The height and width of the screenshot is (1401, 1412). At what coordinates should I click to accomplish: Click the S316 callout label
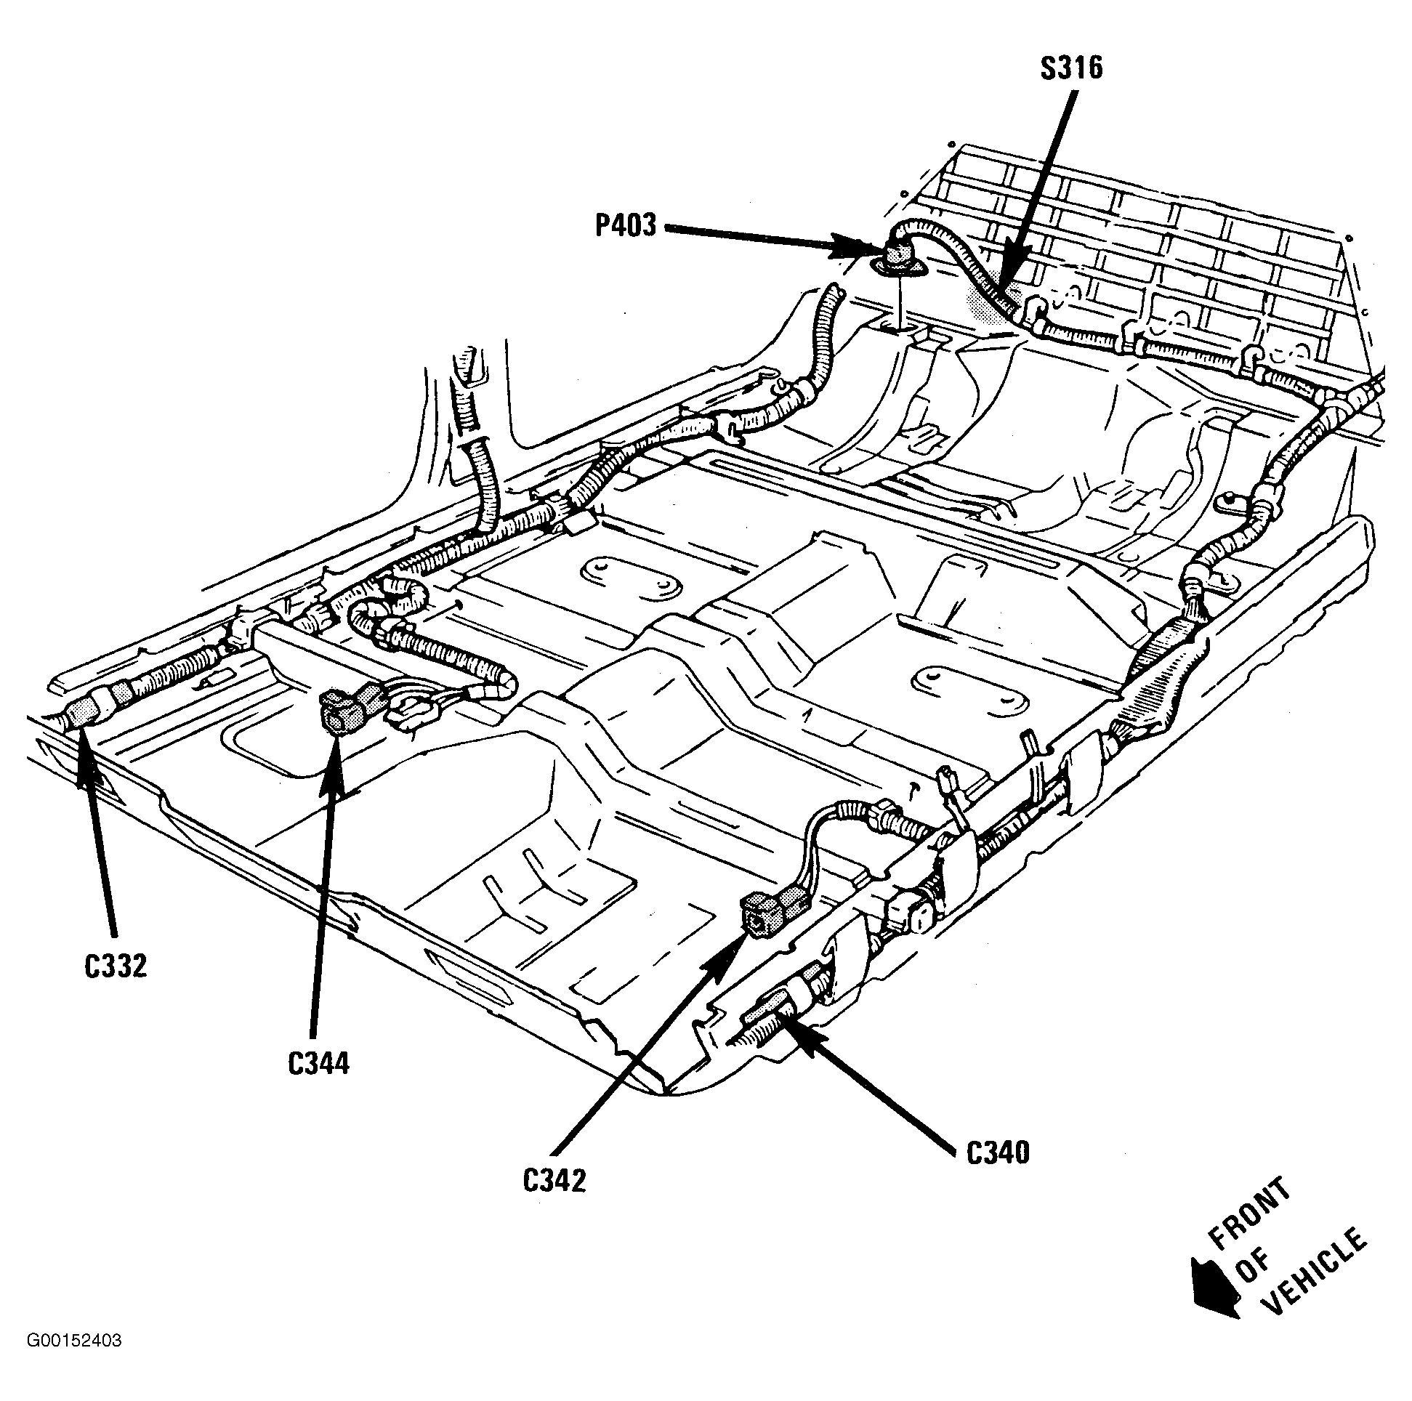[1071, 69]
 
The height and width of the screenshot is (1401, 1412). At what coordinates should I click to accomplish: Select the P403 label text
[626, 226]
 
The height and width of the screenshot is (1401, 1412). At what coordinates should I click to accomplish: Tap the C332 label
[116, 966]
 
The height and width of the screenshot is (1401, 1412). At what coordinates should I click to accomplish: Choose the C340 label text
[998, 1153]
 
